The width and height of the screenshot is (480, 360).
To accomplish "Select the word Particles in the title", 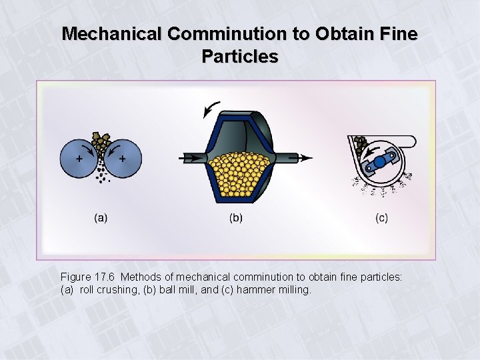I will pos(240,57).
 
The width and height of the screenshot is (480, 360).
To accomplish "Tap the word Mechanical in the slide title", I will pos(111,33).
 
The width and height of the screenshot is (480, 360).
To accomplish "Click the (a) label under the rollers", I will pos(101,217).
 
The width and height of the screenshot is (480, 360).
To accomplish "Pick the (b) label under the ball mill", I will pos(236,217).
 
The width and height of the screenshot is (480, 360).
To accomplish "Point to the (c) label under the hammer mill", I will pos(381,217).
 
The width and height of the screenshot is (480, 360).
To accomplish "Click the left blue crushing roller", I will pos(78,158).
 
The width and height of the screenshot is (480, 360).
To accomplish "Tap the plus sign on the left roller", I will pos(79,159).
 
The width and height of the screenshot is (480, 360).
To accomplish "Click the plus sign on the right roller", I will pos(123,159).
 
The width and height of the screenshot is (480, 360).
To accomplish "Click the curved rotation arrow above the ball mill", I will pos(212,109).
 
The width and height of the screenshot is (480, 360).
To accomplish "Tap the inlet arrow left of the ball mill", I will pos(190,158).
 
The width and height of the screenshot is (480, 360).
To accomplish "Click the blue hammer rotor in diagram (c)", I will pos(379,162).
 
